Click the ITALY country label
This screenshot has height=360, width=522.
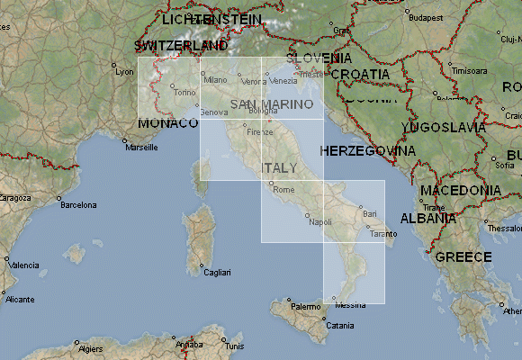pyautogui.click(x=279, y=168)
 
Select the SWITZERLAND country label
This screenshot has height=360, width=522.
pyautogui.click(x=181, y=45)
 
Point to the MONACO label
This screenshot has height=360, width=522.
pyautogui.click(x=167, y=122)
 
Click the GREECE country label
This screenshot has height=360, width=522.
pyautogui.click(x=463, y=257)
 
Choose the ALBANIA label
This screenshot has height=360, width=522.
pyautogui.click(x=427, y=219)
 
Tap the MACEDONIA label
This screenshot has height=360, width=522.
pyautogui.click(x=461, y=191)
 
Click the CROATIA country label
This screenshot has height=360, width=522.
pyautogui.click(x=360, y=74)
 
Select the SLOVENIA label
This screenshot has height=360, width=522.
pyautogui.click(x=319, y=58)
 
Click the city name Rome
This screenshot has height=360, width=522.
pyautogui.click(x=283, y=190)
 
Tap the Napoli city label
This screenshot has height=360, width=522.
pyautogui.click(x=319, y=221)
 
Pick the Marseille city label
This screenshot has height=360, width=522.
pyautogui.click(x=141, y=147)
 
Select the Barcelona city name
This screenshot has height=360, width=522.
pyautogui.click(x=78, y=204)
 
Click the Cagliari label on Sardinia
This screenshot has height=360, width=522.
pyautogui.click(x=217, y=273)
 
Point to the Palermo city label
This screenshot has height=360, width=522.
pyautogui.click(x=305, y=307)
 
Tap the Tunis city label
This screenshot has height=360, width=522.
pyautogui.click(x=234, y=346)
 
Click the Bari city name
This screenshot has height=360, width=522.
pyautogui.click(x=369, y=214)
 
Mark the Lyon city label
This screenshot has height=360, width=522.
pyautogui.click(x=124, y=71)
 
